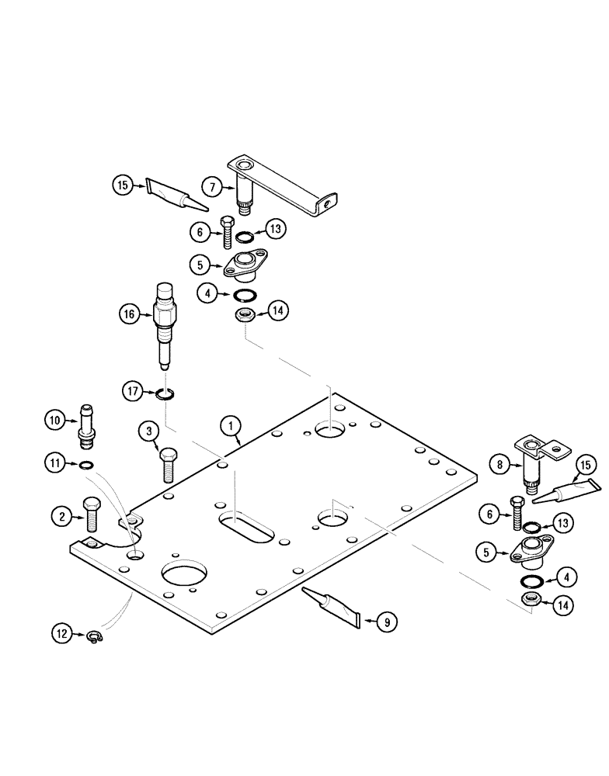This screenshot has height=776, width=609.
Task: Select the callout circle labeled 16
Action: coord(130,314)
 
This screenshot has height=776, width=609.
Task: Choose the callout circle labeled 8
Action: coord(500,466)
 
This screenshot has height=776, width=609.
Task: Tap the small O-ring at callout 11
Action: coord(88,465)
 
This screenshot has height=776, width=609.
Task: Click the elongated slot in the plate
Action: coord(245,525)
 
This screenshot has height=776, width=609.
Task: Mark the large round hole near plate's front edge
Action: coord(186,577)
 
